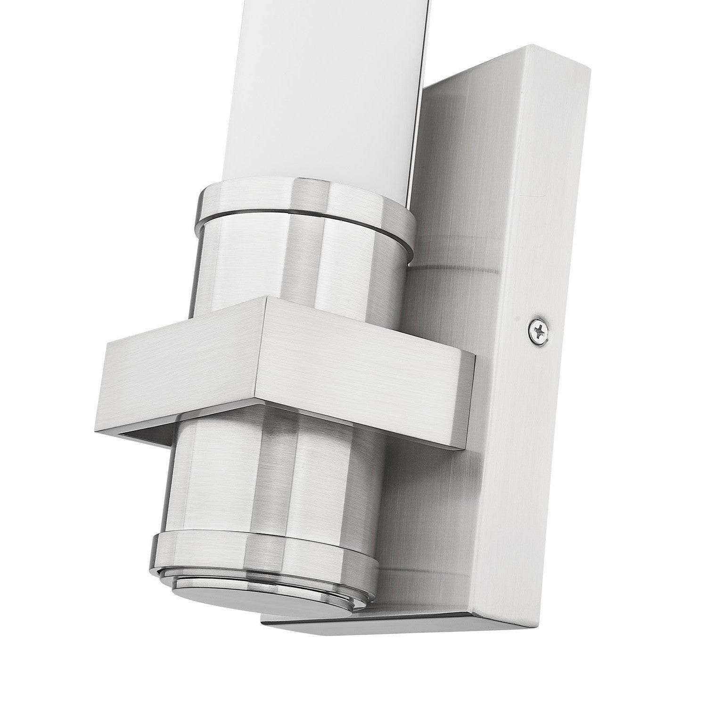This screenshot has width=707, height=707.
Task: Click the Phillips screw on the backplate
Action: pos(538,332)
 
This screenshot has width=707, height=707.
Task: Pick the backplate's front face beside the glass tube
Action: pos(452,165)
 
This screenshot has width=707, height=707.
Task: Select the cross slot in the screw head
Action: pos(538,332)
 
